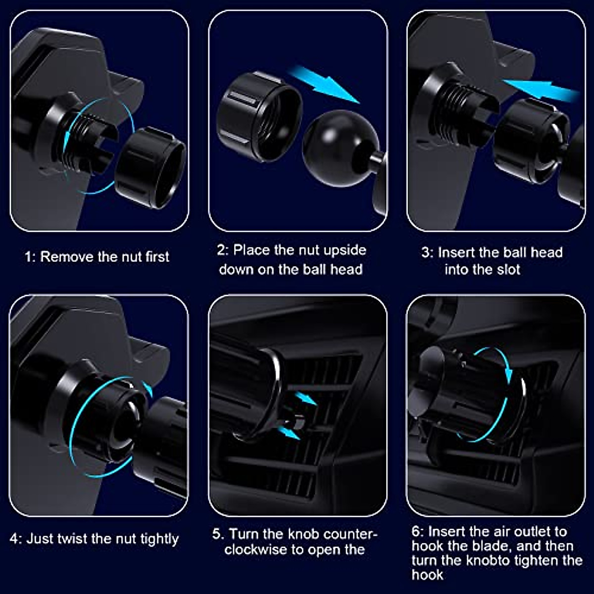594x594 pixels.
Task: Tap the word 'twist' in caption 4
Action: point(72,539)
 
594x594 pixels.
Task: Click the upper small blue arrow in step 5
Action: point(307,399)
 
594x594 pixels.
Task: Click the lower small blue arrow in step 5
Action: point(290,433)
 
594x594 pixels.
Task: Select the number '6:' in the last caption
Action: point(418,532)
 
